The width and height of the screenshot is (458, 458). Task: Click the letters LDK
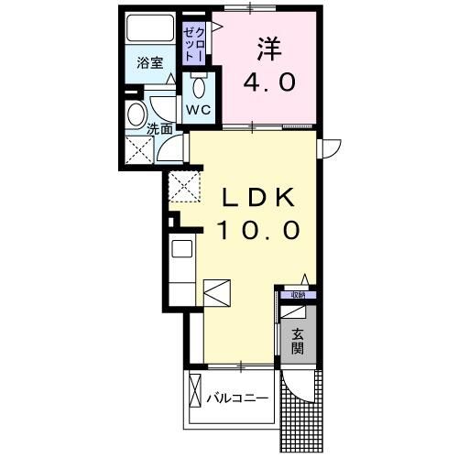(x=257, y=198)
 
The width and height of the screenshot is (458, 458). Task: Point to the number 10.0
(x=257, y=230)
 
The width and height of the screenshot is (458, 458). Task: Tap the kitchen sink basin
(x=180, y=249)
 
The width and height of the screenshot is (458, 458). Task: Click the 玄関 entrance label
(x=299, y=342)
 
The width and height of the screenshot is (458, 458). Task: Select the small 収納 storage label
(x=298, y=295)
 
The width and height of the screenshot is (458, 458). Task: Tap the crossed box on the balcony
(x=194, y=393)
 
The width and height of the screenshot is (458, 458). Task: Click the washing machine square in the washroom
(x=142, y=151)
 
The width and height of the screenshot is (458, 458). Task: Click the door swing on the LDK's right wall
(x=331, y=147)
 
